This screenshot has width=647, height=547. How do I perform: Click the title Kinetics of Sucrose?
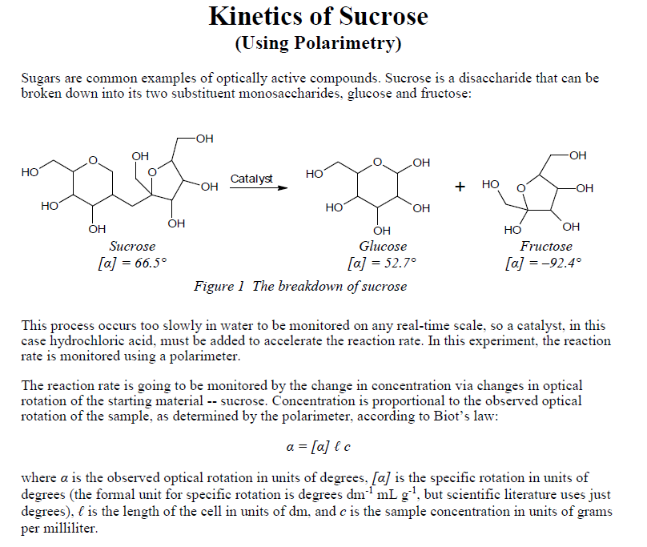318,16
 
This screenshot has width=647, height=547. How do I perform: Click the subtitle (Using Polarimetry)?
318,42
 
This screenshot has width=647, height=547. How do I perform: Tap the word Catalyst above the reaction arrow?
251,178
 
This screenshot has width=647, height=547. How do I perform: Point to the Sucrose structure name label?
132,246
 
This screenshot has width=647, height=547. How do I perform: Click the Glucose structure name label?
383,246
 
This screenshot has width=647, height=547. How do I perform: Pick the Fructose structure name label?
546,246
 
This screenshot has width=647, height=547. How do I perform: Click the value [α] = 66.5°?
132,263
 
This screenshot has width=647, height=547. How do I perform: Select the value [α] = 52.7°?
383,263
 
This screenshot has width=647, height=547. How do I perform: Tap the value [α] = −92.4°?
545,263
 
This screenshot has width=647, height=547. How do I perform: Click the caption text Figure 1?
219,286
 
